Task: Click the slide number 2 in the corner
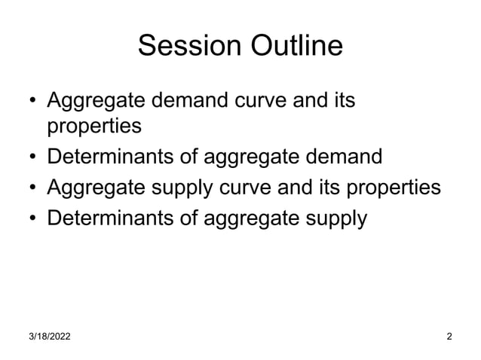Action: pos(449,336)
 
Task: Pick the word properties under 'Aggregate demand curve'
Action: pos(94,127)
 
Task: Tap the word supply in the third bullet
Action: pos(182,189)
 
